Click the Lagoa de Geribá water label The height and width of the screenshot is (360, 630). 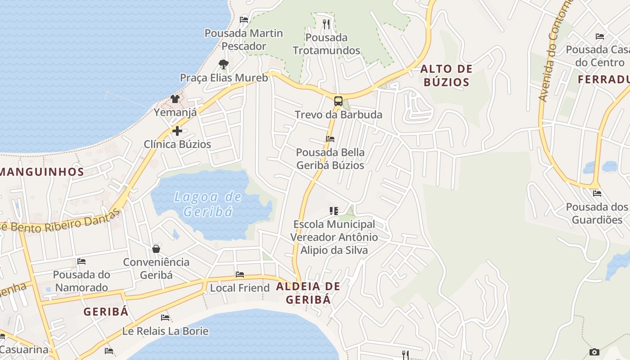[208, 204]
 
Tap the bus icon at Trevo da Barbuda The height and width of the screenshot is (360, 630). [338, 101]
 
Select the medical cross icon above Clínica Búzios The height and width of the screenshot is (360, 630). [177, 131]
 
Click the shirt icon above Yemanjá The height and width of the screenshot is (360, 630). [175, 99]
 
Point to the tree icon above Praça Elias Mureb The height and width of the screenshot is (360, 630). [223, 64]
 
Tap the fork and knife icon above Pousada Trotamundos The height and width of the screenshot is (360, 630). [327, 23]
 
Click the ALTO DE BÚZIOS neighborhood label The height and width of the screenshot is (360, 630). [446, 76]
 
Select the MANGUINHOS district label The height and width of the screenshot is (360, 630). [42, 171]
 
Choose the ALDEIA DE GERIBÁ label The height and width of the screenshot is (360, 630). [308, 293]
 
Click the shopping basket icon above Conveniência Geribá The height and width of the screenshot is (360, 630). [156, 249]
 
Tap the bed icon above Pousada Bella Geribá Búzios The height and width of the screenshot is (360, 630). [330, 139]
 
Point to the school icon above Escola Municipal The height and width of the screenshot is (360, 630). [334, 211]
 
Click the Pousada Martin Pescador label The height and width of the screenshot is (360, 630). [244, 40]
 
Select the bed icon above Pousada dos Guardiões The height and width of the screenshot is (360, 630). [597, 193]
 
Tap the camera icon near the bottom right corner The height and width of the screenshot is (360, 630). [594, 352]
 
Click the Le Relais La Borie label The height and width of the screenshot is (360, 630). [165, 331]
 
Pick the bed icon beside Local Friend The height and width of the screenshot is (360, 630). [240, 274]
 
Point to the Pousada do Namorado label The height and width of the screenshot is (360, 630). [81, 281]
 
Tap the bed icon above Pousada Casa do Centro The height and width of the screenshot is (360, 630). [600, 36]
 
